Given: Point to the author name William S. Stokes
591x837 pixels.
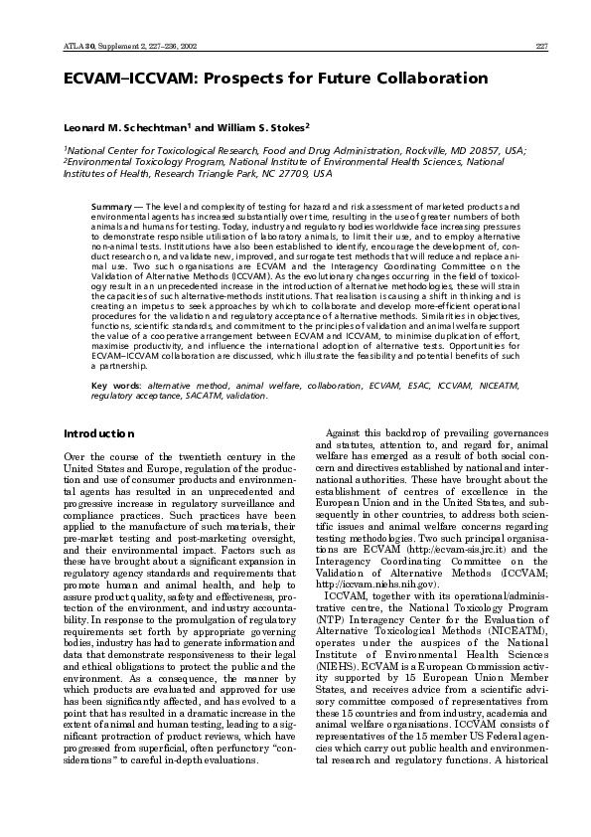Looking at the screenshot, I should point(265,128).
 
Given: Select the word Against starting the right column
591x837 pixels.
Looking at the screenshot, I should point(348,461).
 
